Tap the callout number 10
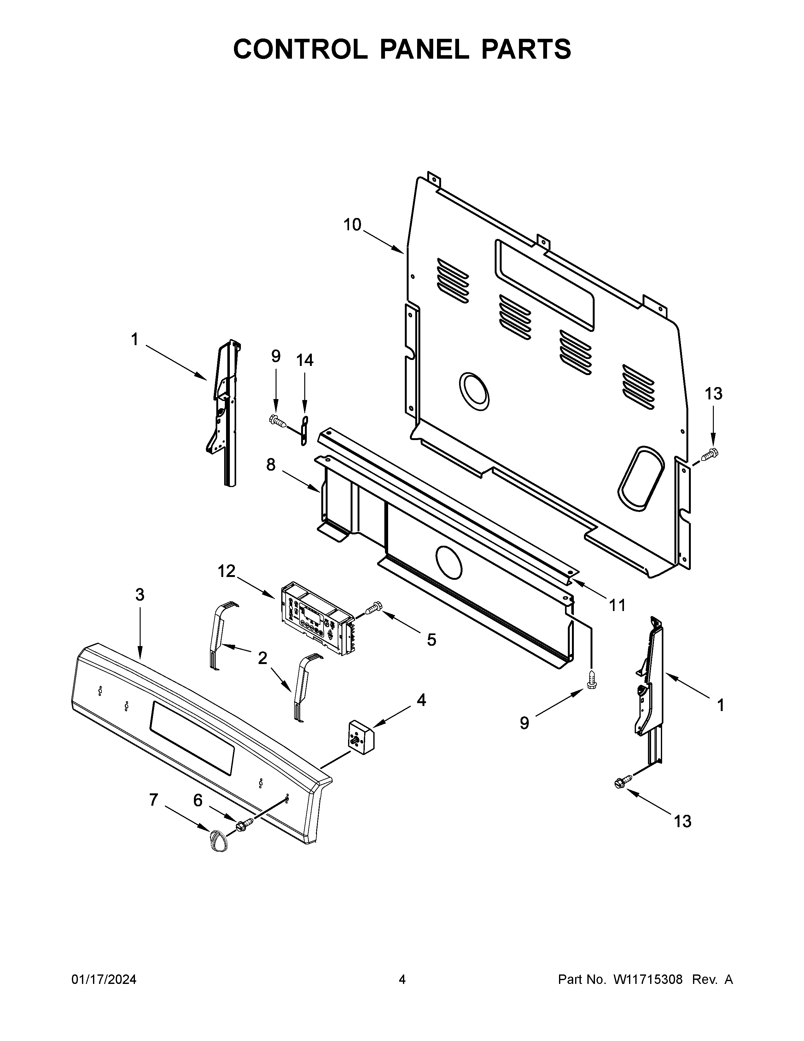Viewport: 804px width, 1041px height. point(352,225)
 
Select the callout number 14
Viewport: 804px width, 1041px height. point(305,360)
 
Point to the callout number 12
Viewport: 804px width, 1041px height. point(227,571)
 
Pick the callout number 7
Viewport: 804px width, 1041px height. point(153,799)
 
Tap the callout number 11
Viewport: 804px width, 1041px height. point(617,605)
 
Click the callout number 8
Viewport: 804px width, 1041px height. point(271,464)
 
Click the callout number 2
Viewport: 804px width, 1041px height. point(262,659)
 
